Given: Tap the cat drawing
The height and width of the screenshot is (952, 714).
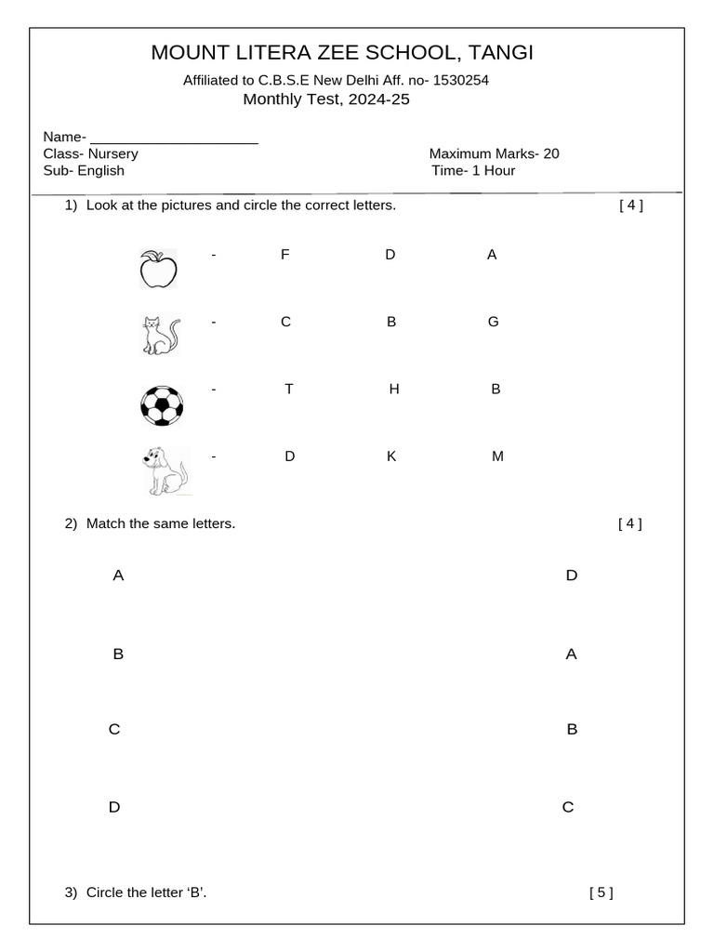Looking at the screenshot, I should (x=160, y=336).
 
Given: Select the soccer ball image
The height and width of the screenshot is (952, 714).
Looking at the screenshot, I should (x=161, y=405).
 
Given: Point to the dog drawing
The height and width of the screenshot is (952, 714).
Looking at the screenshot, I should (x=165, y=470).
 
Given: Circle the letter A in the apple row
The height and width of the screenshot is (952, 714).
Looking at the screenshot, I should (x=492, y=255).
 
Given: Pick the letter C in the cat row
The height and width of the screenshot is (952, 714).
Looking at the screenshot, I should (x=286, y=322).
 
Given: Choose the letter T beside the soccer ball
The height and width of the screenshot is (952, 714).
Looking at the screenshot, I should (x=289, y=389).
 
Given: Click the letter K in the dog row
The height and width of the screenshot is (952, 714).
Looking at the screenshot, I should (x=391, y=456).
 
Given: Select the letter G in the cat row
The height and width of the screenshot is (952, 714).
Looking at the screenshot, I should (x=493, y=322).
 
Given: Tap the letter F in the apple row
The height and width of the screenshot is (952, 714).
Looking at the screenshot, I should (x=284, y=255).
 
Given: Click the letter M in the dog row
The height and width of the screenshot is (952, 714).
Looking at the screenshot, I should (x=497, y=456).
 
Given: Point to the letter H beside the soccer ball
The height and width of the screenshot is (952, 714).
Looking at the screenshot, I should (x=394, y=389).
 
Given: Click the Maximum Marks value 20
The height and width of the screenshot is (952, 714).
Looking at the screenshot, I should (x=551, y=153).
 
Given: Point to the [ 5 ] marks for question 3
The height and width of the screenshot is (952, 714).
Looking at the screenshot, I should (x=601, y=892).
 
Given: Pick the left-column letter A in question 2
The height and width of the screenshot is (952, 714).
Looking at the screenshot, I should (x=118, y=575).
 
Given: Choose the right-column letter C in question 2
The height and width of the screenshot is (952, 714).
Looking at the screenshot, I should (x=568, y=807).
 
